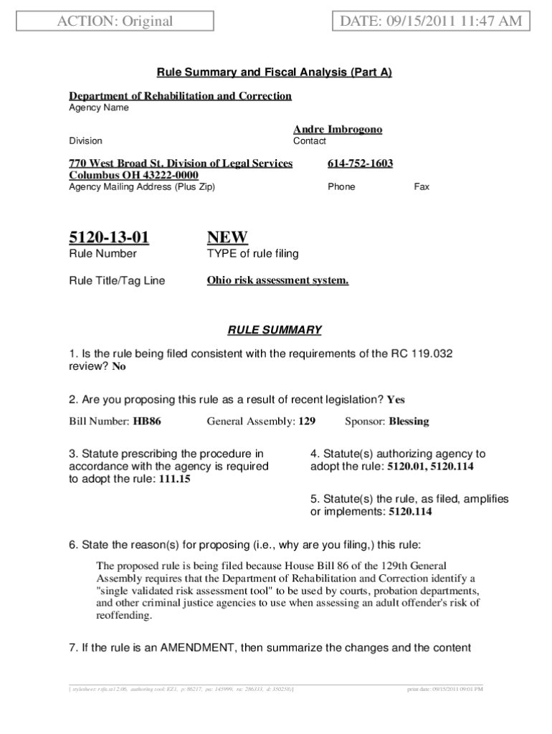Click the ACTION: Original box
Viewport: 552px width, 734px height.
pos(115,21)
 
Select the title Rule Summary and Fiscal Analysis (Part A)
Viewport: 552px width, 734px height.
pos(275,72)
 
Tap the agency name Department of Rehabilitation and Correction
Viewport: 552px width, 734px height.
pos(180,96)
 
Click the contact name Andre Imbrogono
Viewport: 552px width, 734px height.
pos(338,130)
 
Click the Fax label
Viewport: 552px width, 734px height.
pos(422,187)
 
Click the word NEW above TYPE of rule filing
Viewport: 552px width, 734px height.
pos(227,237)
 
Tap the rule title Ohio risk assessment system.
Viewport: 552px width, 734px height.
pos(277,280)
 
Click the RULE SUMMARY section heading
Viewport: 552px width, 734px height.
pos(275,330)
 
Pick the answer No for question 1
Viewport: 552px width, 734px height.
pos(119,366)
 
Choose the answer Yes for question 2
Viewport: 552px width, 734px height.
pos(396,399)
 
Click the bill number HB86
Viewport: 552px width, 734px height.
pos(147,421)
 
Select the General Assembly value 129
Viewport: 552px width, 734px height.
pos(307,421)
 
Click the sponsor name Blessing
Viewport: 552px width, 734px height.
pos(409,421)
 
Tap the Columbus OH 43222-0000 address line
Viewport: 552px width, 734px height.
pos(133,175)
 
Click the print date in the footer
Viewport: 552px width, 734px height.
pos(444,690)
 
